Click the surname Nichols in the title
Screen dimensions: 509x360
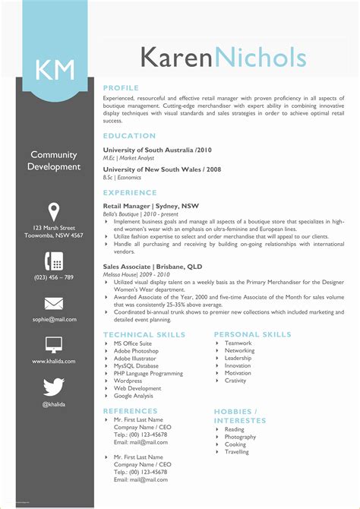point(261,58)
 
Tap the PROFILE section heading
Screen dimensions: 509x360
point(122,88)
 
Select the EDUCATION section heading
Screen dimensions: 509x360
point(130,136)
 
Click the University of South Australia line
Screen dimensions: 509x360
point(156,150)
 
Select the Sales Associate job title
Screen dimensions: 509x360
point(152,267)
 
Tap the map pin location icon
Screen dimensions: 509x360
point(54,211)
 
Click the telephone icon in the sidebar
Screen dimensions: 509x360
point(54,261)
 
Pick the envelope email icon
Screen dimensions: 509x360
point(54,304)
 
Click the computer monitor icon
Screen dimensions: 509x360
point(54,345)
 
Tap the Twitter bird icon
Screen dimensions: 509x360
point(54,387)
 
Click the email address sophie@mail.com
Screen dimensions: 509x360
point(54,321)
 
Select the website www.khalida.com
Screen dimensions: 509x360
point(54,362)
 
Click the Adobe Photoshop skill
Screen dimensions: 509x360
point(136,352)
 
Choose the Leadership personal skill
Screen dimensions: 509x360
point(238,359)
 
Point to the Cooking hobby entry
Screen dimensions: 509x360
point(235,444)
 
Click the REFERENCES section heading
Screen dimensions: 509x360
point(130,411)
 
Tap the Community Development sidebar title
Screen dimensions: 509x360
point(54,161)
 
